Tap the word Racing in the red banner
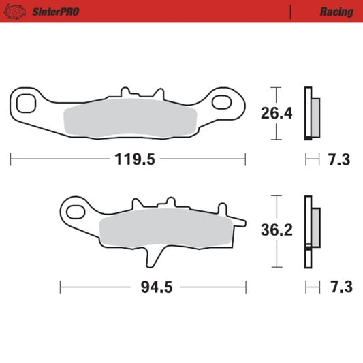(x=336, y=12)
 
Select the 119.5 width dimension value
(x=128, y=160)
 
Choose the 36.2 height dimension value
(x=276, y=230)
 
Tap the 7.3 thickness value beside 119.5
(x=338, y=160)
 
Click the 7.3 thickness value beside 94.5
(x=338, y=287)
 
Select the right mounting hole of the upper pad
(x=223, y=103)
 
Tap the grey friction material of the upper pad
(x=129, y=120)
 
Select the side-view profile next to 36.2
(x=312, y=231)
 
